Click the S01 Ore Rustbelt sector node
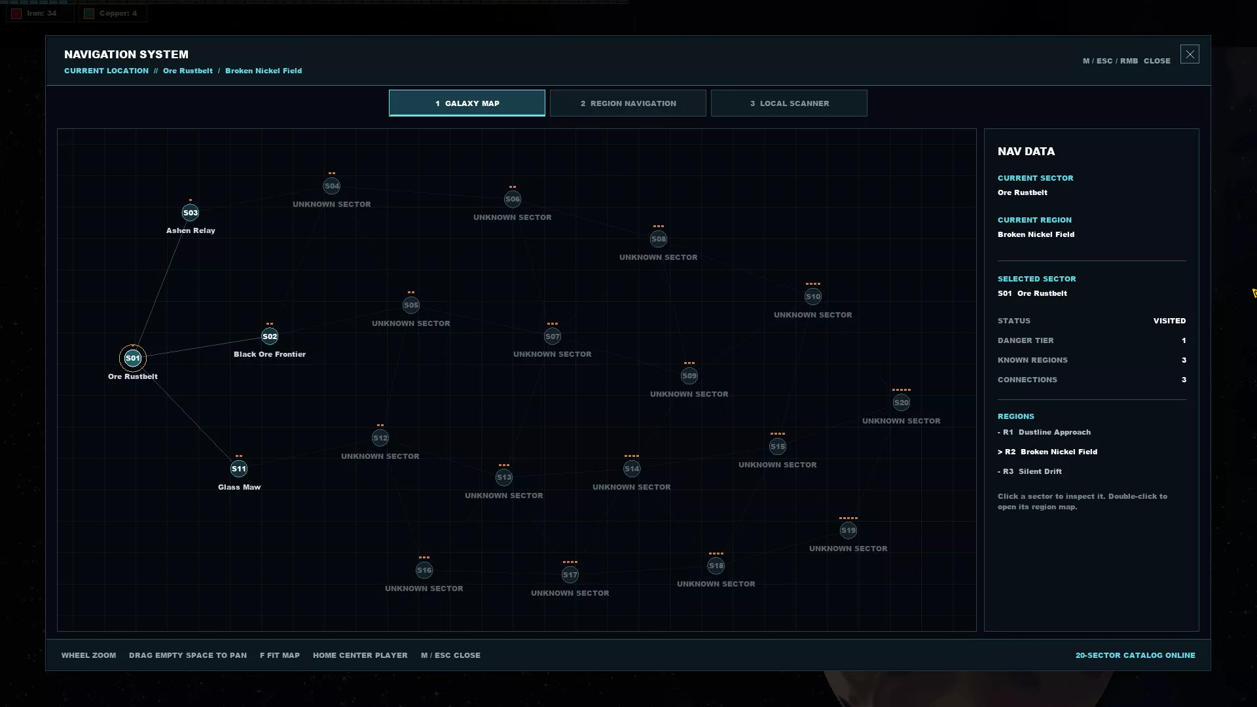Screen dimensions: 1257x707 click(x=133, y=358)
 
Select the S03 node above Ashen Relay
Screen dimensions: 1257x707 click(x=191, y=213)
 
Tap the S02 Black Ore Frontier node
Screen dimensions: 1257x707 click(x=270, y=336)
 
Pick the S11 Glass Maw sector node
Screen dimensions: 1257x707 click(x=239, y=469)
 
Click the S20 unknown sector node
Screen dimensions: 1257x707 click(x=902, y=403)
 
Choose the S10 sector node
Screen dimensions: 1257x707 click(x=813, y=297)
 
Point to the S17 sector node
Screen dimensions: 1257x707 click(x=570, y=575)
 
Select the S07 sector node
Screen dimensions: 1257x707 click(x=553, y=336)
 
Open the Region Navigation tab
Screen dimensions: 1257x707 click(x=628, y=103)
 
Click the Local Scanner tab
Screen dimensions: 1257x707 click(x=789, y=103)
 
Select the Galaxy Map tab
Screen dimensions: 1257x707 click(x=467, y=103)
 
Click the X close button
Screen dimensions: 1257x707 click(x=1190, y=54)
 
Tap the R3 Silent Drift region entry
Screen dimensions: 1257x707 click(x=1030, y=471)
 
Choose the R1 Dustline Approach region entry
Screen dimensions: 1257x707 click(x=1044, y=432)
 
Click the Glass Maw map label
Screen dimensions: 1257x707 click(x=239, y=487)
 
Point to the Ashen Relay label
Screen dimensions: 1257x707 click(x=191, y=230)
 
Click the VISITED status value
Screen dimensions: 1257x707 click(x=1169, y=321)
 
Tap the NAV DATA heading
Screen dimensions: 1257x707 click(x=1026, y=151)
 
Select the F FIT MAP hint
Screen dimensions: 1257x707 click(x=280, y=655)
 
